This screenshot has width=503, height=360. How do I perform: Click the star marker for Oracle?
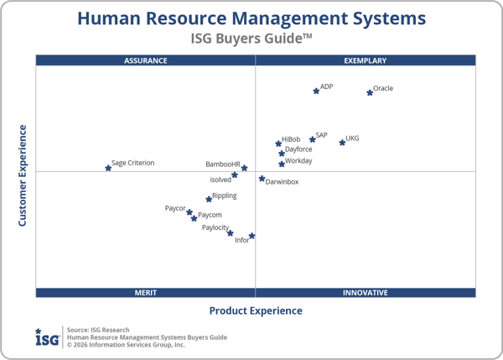(x=370, y=92)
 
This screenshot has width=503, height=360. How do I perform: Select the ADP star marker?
(x=316, y=91)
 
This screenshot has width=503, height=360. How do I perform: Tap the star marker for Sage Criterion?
(x=108, y=168)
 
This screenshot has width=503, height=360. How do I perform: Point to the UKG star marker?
(x=342, y=143)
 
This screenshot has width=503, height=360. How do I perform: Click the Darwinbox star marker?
(x=262, y=179)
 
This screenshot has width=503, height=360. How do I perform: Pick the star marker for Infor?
(x=251, y=236)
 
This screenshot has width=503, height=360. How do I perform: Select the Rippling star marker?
(x=209, y=199)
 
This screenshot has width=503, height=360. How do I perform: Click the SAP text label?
(x=322, y=135)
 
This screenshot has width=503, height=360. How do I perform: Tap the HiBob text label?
(x=291, y=139)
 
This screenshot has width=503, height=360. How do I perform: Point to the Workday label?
(x=298, y=160)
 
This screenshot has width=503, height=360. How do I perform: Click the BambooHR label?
(x=223, y=164)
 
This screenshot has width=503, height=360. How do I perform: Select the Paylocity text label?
(x=215, y=227)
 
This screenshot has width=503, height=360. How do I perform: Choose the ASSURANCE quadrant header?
(x=146, y=60)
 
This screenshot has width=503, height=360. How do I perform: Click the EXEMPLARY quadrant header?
(x=366, y=60)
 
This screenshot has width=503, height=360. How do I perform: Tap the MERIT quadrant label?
(x=146, y=292)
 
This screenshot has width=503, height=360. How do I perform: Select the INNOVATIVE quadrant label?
(x=366, y=292)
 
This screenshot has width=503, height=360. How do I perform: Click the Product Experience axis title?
(x=256, y=310)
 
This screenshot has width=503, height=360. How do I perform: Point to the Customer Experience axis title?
(x=23, y=175)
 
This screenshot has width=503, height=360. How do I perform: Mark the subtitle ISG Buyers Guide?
(x=252, y=39)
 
